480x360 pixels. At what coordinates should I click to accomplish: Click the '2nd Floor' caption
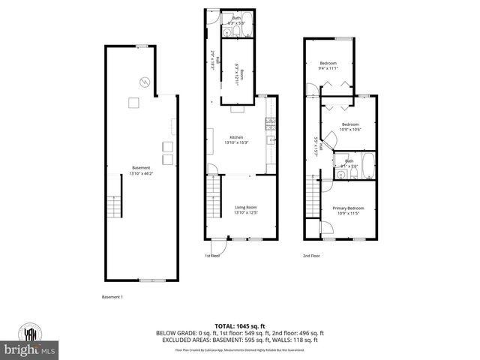pos(312,256)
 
